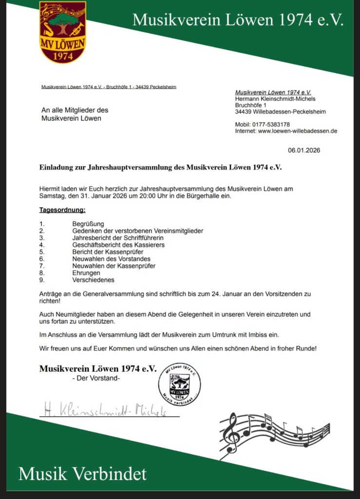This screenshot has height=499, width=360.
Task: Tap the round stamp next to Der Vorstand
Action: (179, 384)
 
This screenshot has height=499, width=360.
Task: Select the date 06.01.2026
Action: (304, 151)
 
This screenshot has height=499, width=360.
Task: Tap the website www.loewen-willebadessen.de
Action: (298, 131)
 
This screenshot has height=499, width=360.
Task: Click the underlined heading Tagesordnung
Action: (62, 210)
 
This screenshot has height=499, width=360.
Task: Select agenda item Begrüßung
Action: (88, 224)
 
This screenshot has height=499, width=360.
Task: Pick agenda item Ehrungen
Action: (86, 273)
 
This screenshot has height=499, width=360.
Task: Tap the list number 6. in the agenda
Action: (42, 259)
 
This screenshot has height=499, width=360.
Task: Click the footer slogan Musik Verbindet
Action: (82, 473)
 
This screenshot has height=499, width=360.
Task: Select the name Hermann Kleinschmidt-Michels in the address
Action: (275, 99)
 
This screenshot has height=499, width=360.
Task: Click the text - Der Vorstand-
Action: (95, 379)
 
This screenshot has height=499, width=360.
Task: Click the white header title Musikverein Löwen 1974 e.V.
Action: (238, 20)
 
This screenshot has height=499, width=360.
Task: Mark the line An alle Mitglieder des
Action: (75, 111)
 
